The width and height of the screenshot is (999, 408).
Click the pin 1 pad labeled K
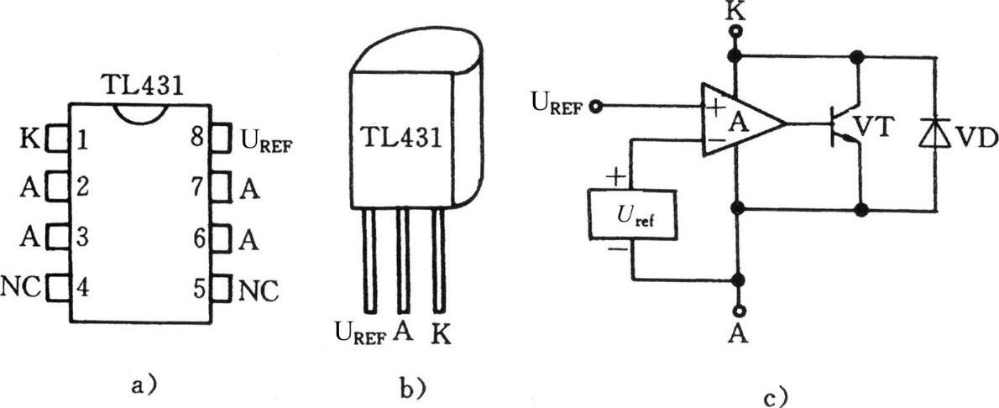[x=57, y=136]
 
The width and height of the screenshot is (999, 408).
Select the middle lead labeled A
[x=403, y=260]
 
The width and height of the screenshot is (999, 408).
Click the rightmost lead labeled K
[x=437, y=260]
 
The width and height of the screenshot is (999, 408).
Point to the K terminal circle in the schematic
[x=738, y=33]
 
